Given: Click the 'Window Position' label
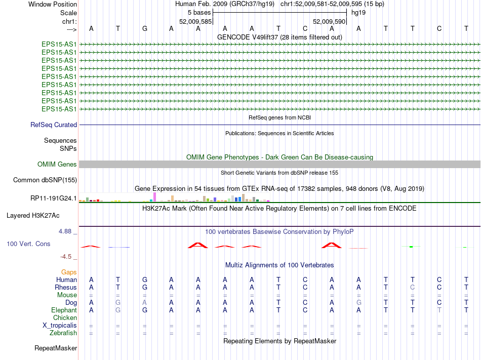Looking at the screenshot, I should tap(53, 4).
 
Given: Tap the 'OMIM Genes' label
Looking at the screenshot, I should tap(57, 165).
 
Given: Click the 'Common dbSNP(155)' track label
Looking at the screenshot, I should tap(45, 180).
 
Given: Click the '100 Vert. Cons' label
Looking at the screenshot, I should tap(28, 244).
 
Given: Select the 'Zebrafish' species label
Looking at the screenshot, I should tap(63, 333).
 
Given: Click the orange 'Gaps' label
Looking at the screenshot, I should tap(69, 272).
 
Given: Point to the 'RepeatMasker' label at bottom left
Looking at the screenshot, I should tap(56, 348).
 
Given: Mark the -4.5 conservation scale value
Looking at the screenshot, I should tap(67, 257).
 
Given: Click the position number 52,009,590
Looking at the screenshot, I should tap(329, 22).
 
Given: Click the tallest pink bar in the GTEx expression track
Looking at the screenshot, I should tap(154, 197).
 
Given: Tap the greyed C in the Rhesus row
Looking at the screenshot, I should tap(412, 287).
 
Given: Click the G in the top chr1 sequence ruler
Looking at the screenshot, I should tap(145, 28).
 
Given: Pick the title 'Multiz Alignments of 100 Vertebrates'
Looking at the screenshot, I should tap(279, 265).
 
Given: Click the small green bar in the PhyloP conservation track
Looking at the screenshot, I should tap(412, 247).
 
